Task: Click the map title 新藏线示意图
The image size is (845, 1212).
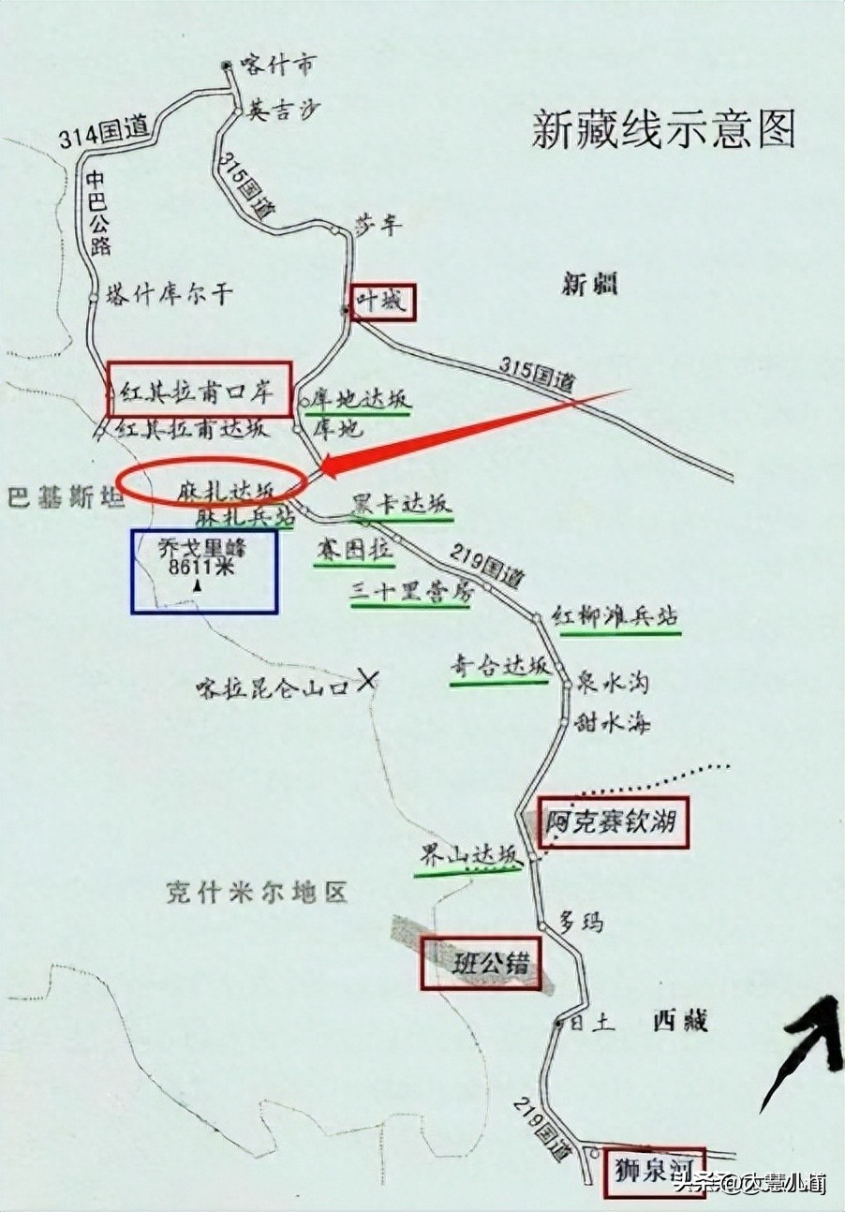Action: (663, 129)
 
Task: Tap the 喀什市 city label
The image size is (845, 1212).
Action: (277, 65)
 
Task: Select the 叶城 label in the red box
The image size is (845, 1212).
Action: (382, 303)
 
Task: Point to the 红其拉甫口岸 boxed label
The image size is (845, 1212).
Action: (199, 389)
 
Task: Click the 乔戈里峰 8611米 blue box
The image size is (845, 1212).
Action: (204, 571)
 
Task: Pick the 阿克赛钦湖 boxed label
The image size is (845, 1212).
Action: (613, 823)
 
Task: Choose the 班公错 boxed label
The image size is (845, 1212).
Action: (482, 963)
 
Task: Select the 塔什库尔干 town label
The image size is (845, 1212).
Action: (168, 293)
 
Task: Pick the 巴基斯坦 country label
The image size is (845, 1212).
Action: (66, 496)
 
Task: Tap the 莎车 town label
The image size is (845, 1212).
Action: (378, 224)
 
